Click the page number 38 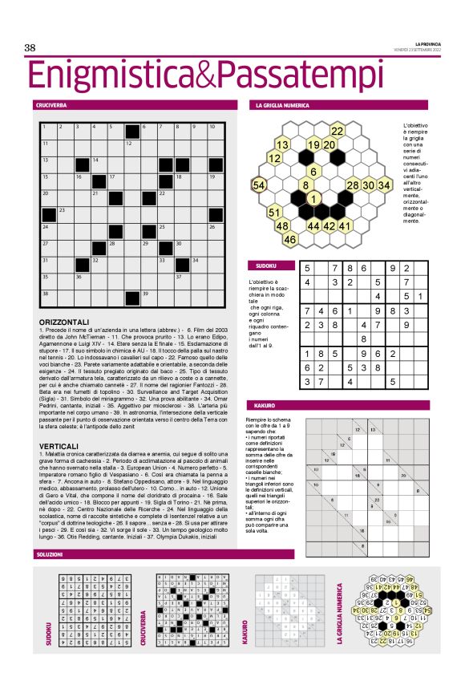pyautogui.click(x=30, y=48)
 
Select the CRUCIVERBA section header pyautogui.click(x=51, y=105)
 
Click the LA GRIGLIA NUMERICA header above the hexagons pyautogui.click(x=281, y=105)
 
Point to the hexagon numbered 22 pyautogui.click(x=338, y=131)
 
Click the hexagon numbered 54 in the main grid pyautogui.click(x=259, y=185)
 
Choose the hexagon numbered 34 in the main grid pyautogui.click(x=384, y=185)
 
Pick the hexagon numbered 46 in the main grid pyautogui.click(x=290, y=239)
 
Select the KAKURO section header pyautogui.click(x=265, y=405)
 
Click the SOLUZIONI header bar pyautogui.click(x=50, y=555)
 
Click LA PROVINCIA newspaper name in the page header pyautogui.click(x=427, y=43)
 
